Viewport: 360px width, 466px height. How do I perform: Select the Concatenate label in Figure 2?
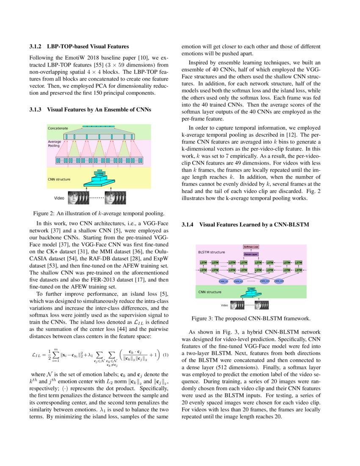(58, 128)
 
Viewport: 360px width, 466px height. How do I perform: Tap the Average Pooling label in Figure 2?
(54, 144)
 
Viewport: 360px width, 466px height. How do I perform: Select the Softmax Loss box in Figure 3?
(251, 247)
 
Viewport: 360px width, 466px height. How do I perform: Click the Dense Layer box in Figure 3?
(251, 254)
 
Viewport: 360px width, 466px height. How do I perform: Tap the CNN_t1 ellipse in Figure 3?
(223, 281)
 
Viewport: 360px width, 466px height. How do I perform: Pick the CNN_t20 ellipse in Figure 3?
(279, 281)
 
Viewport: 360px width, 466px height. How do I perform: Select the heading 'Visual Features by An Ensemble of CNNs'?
(99, 109)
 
